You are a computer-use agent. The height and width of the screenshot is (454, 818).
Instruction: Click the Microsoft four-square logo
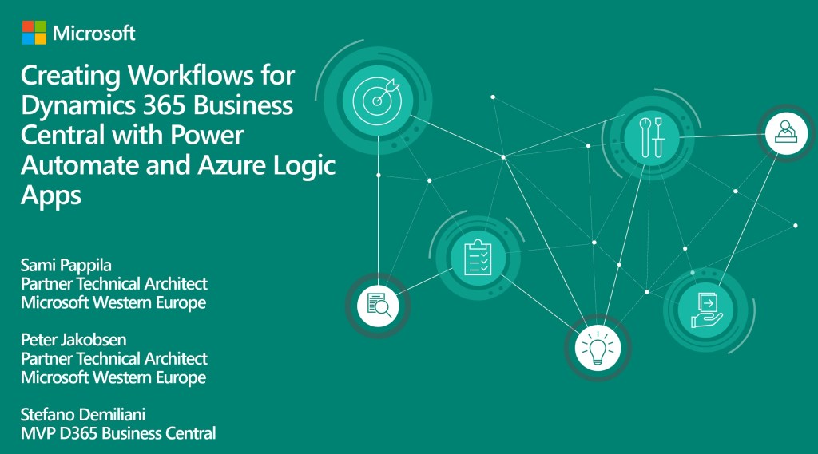(x=34, y=33)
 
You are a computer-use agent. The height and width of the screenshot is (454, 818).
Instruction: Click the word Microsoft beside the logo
(x=94, y=34)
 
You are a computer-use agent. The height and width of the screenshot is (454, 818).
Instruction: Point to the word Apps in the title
(x=51, y=196)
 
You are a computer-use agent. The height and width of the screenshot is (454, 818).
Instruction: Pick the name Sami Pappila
(x=66, y=266)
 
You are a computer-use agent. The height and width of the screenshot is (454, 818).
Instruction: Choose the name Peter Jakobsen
(x=73, y=340)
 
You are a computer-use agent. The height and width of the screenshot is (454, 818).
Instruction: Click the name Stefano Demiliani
(x=83, y=415)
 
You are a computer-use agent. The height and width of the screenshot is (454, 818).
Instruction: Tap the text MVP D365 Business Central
(x=118, y=433)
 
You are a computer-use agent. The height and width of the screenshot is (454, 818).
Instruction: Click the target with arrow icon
(x=377, y=100)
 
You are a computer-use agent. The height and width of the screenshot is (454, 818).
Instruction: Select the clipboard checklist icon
(x=478, y=257)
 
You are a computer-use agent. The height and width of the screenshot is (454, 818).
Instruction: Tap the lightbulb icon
(x=598, y=346)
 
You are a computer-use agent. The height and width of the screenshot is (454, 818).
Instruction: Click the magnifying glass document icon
(x=378, y=306)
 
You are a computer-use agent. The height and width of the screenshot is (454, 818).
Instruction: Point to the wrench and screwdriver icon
(x=652, y=137)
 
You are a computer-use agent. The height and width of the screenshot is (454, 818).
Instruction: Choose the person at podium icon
(x=786, y=133)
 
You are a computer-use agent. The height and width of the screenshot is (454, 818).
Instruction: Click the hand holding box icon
(x=706, y=310)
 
